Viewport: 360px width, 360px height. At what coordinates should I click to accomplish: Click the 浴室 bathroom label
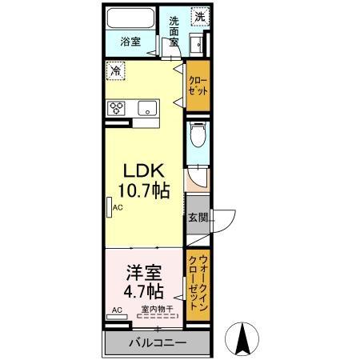coord(131,38)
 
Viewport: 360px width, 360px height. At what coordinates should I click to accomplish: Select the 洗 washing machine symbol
coord(198,15)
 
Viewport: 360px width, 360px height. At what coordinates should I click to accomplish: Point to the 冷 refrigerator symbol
coord(115,70)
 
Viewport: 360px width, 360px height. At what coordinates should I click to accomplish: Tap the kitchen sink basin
coord(147,109)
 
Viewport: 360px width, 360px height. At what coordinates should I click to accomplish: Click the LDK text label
coord(145,171)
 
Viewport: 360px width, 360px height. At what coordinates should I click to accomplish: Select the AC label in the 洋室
coord(116,310)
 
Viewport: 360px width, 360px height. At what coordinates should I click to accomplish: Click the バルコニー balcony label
coord(158,343)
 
